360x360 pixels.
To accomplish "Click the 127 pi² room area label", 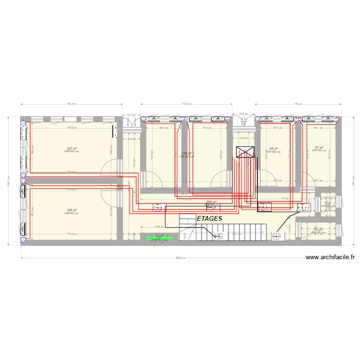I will pos(72,149).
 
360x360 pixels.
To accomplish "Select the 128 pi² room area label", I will pos(72,210).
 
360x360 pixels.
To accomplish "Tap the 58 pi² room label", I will pos(274,149).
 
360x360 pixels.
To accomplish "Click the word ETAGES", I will pos(209,218).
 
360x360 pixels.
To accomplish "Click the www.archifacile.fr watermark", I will pos(330,257).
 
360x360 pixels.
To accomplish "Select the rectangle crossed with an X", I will pos(246,152).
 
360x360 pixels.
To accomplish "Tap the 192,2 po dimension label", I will pos(72,103).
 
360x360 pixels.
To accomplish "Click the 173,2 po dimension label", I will pos(187,103).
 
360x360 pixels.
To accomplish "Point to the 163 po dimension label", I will pos(297,103).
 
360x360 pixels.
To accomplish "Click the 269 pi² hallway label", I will pos(211,202).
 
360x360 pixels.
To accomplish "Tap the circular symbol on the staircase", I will pos(219,235).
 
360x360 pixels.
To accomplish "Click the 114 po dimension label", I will pos(283,198).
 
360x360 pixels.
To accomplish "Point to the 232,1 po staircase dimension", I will pos(236,234).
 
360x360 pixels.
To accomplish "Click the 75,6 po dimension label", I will pos(207,128).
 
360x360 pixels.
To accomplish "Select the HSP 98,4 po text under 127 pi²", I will pos(72,152).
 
